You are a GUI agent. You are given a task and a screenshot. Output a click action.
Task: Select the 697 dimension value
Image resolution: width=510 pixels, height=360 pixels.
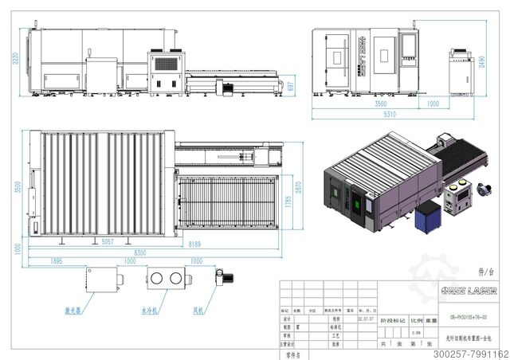tap(291, 85)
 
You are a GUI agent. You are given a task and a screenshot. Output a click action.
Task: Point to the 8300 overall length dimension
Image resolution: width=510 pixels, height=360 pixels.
tap(139, 252)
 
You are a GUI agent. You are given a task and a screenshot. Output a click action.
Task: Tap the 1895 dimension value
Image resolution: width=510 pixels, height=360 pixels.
tap(56, 261)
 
